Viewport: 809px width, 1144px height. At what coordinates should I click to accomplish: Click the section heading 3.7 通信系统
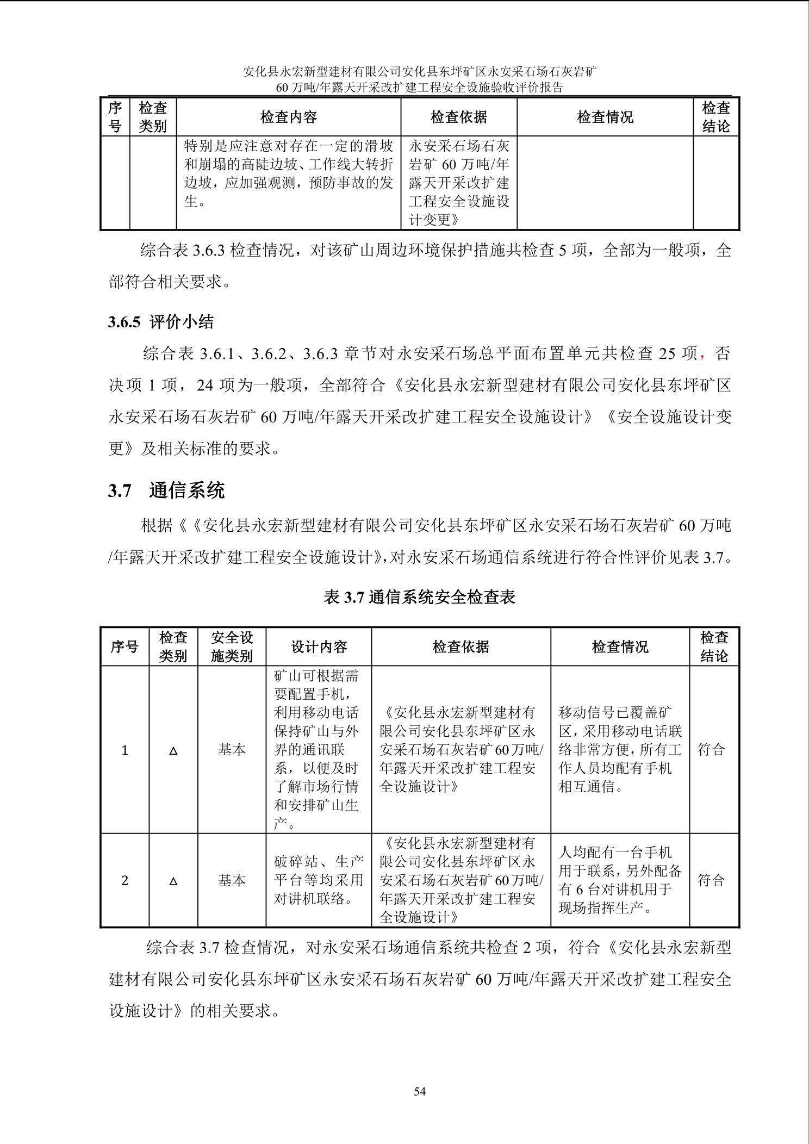click(166, 490)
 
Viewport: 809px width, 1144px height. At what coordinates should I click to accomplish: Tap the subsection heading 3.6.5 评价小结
click(161, 322)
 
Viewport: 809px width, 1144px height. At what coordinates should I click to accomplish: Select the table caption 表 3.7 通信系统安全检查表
click(419, 597)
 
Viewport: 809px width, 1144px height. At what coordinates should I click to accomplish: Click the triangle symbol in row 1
click(173, 751)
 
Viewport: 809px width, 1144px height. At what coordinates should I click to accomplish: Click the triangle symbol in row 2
click(173, 881)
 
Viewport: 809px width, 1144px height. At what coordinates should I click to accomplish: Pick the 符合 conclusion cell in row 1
click(712, 750)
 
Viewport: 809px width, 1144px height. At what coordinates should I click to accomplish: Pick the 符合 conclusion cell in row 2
click(712, 880)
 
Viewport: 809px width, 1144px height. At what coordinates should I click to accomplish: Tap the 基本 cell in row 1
click(232, 750)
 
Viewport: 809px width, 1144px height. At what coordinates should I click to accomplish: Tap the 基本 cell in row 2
click(232, 880)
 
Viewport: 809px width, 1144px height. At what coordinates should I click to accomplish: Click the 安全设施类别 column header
click(232, 646)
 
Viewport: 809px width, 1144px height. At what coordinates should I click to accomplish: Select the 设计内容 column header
click(319, 646)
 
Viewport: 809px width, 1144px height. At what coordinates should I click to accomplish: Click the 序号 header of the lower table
click(125, 646)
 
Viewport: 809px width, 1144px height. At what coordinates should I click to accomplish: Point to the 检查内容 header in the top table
click(288, 117)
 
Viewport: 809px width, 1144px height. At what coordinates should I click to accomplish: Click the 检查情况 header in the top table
click(605, 117)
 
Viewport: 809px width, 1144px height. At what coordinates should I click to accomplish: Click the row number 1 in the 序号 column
click(125, 750)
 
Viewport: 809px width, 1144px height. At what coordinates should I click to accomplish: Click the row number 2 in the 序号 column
click(125, 881)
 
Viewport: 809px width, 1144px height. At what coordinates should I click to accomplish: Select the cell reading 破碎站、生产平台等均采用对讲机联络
click(319, 880)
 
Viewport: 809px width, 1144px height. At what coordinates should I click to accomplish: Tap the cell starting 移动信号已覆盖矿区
click(620, 750)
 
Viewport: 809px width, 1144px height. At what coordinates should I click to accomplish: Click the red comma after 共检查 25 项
click(702, 355)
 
